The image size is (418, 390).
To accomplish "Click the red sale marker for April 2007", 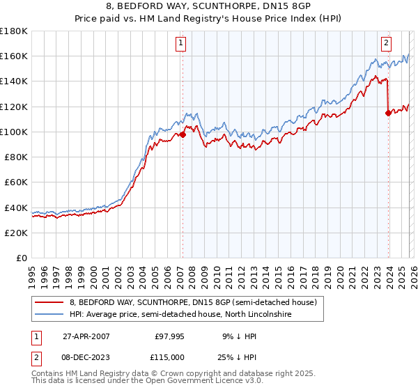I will coord(183,134).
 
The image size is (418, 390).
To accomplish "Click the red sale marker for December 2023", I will coord(388,113).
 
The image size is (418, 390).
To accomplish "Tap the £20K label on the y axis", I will coord(16,233).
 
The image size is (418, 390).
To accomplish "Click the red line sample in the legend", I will coord(49,302).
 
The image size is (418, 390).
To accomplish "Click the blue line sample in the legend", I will coord(49,315).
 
